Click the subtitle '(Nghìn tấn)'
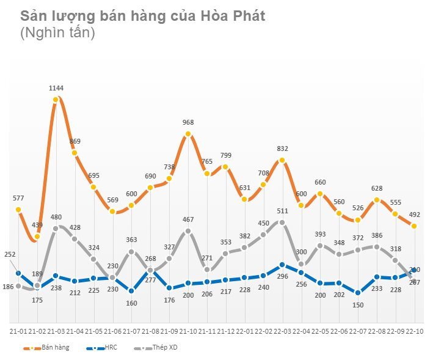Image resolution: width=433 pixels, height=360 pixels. [x=57, y=34]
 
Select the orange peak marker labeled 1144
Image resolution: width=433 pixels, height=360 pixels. [x=56, y=100]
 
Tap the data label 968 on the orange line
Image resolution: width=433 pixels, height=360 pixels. [x=188, y=123]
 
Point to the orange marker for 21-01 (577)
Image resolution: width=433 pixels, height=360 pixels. [x=18, y=210]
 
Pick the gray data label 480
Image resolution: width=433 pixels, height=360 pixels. [x=56, y=217]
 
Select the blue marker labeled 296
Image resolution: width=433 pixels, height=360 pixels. [x=282, y=265]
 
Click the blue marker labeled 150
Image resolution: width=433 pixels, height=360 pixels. [x=358, y=293]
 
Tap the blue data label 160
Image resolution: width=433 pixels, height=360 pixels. [x=131, y=303]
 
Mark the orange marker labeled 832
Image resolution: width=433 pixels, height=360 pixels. [x=282, y=160]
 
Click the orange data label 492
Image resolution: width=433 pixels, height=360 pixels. [x=415, y=215]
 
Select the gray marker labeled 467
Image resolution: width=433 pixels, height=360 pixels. [x=188, y=231]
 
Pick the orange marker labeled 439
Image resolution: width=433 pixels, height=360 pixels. [x=37, y=237]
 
